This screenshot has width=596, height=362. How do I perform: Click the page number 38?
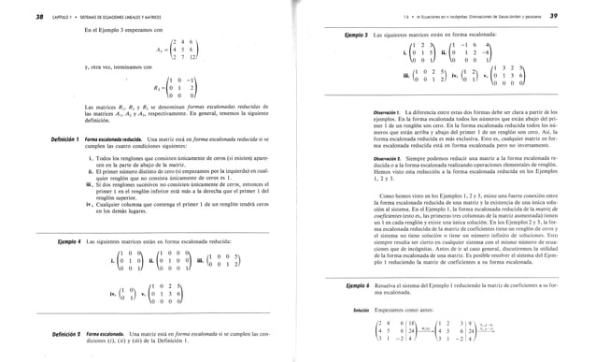click(13, 19)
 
